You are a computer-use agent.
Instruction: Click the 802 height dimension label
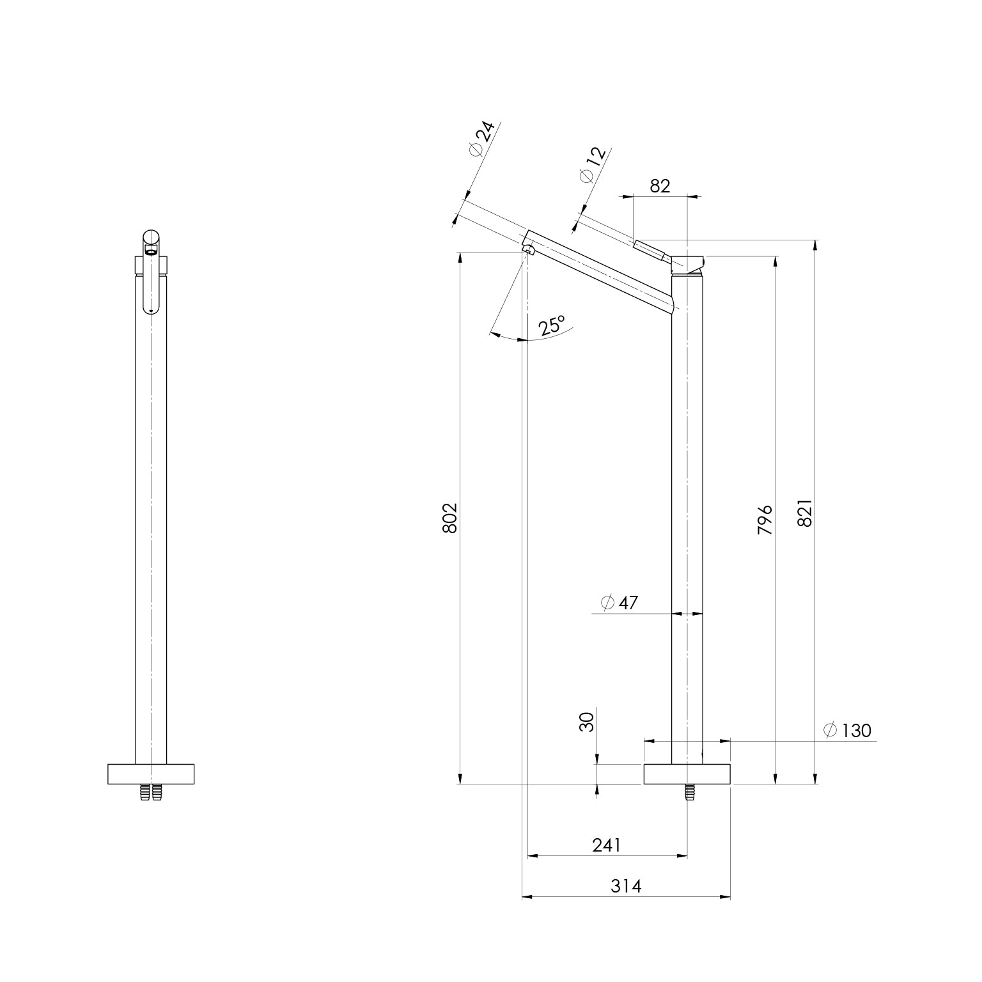450,518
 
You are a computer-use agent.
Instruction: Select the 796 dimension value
765,520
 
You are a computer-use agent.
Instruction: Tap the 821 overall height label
805,513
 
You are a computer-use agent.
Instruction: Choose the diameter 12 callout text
591,165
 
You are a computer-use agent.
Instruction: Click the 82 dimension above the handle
660,185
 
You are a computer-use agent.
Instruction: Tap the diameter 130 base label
848,730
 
